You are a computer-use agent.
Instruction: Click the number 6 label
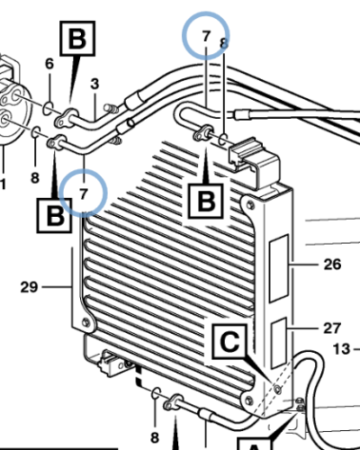[49, 63]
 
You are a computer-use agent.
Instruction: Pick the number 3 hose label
[94, 85]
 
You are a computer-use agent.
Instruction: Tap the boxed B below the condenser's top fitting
[205, 200]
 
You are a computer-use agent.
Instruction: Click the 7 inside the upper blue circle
[206, 37]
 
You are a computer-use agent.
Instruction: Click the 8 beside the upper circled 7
[224, 43]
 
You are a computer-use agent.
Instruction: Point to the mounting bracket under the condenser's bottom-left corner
[112, 363]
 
